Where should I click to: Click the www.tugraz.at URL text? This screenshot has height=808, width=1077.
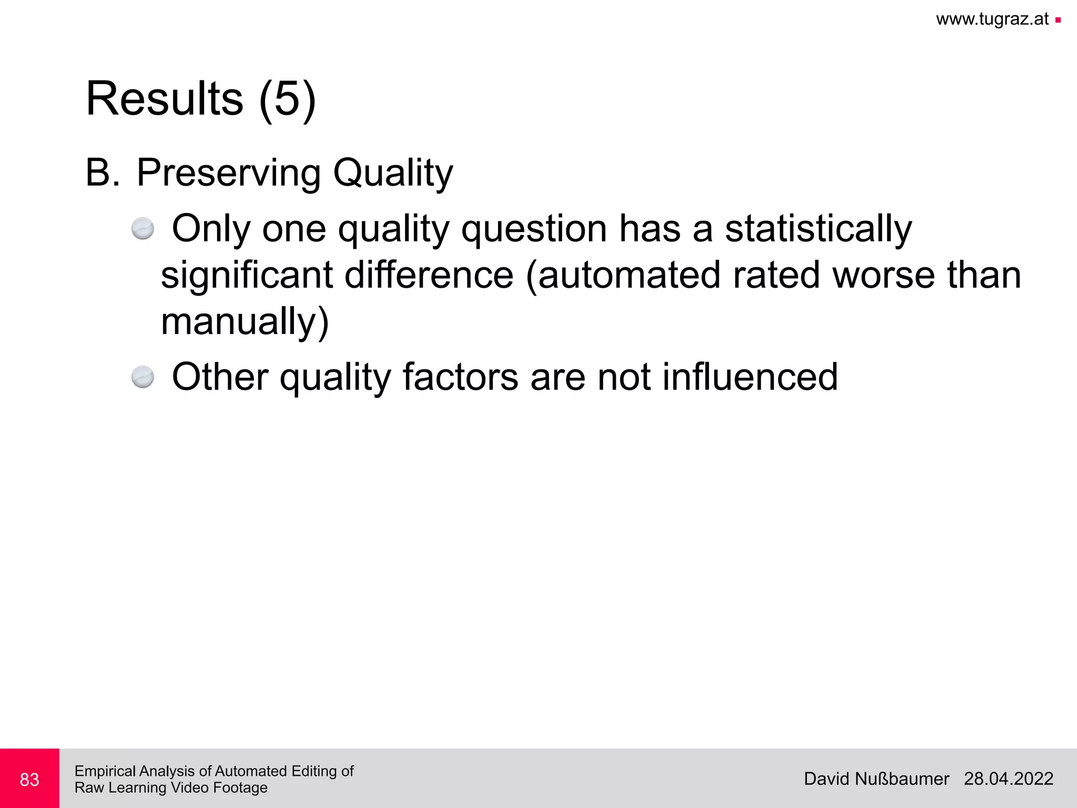click(x=992, y=19)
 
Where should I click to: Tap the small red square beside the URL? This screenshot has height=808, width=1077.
click(x=1058, y=21)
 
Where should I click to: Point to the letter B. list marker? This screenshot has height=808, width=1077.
click(x=102, y=172)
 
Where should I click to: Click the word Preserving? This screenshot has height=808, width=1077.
click(x=228, y=173)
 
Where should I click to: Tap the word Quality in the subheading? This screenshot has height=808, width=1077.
click(x=392, y=173)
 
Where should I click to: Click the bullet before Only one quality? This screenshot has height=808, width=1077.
click(x=143, y=229)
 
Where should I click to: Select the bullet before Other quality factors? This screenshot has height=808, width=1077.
click(x=143, y=377)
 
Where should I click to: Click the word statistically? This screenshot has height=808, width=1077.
click(x=818, y=229)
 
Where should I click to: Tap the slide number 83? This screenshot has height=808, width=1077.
click(x=29, y=779)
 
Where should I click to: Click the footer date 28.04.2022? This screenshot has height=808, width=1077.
click(x=1008, y=779)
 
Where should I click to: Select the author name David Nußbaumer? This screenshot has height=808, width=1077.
click(x=876, y=779)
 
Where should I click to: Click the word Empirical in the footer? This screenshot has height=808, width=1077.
click(x=105, y=771)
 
